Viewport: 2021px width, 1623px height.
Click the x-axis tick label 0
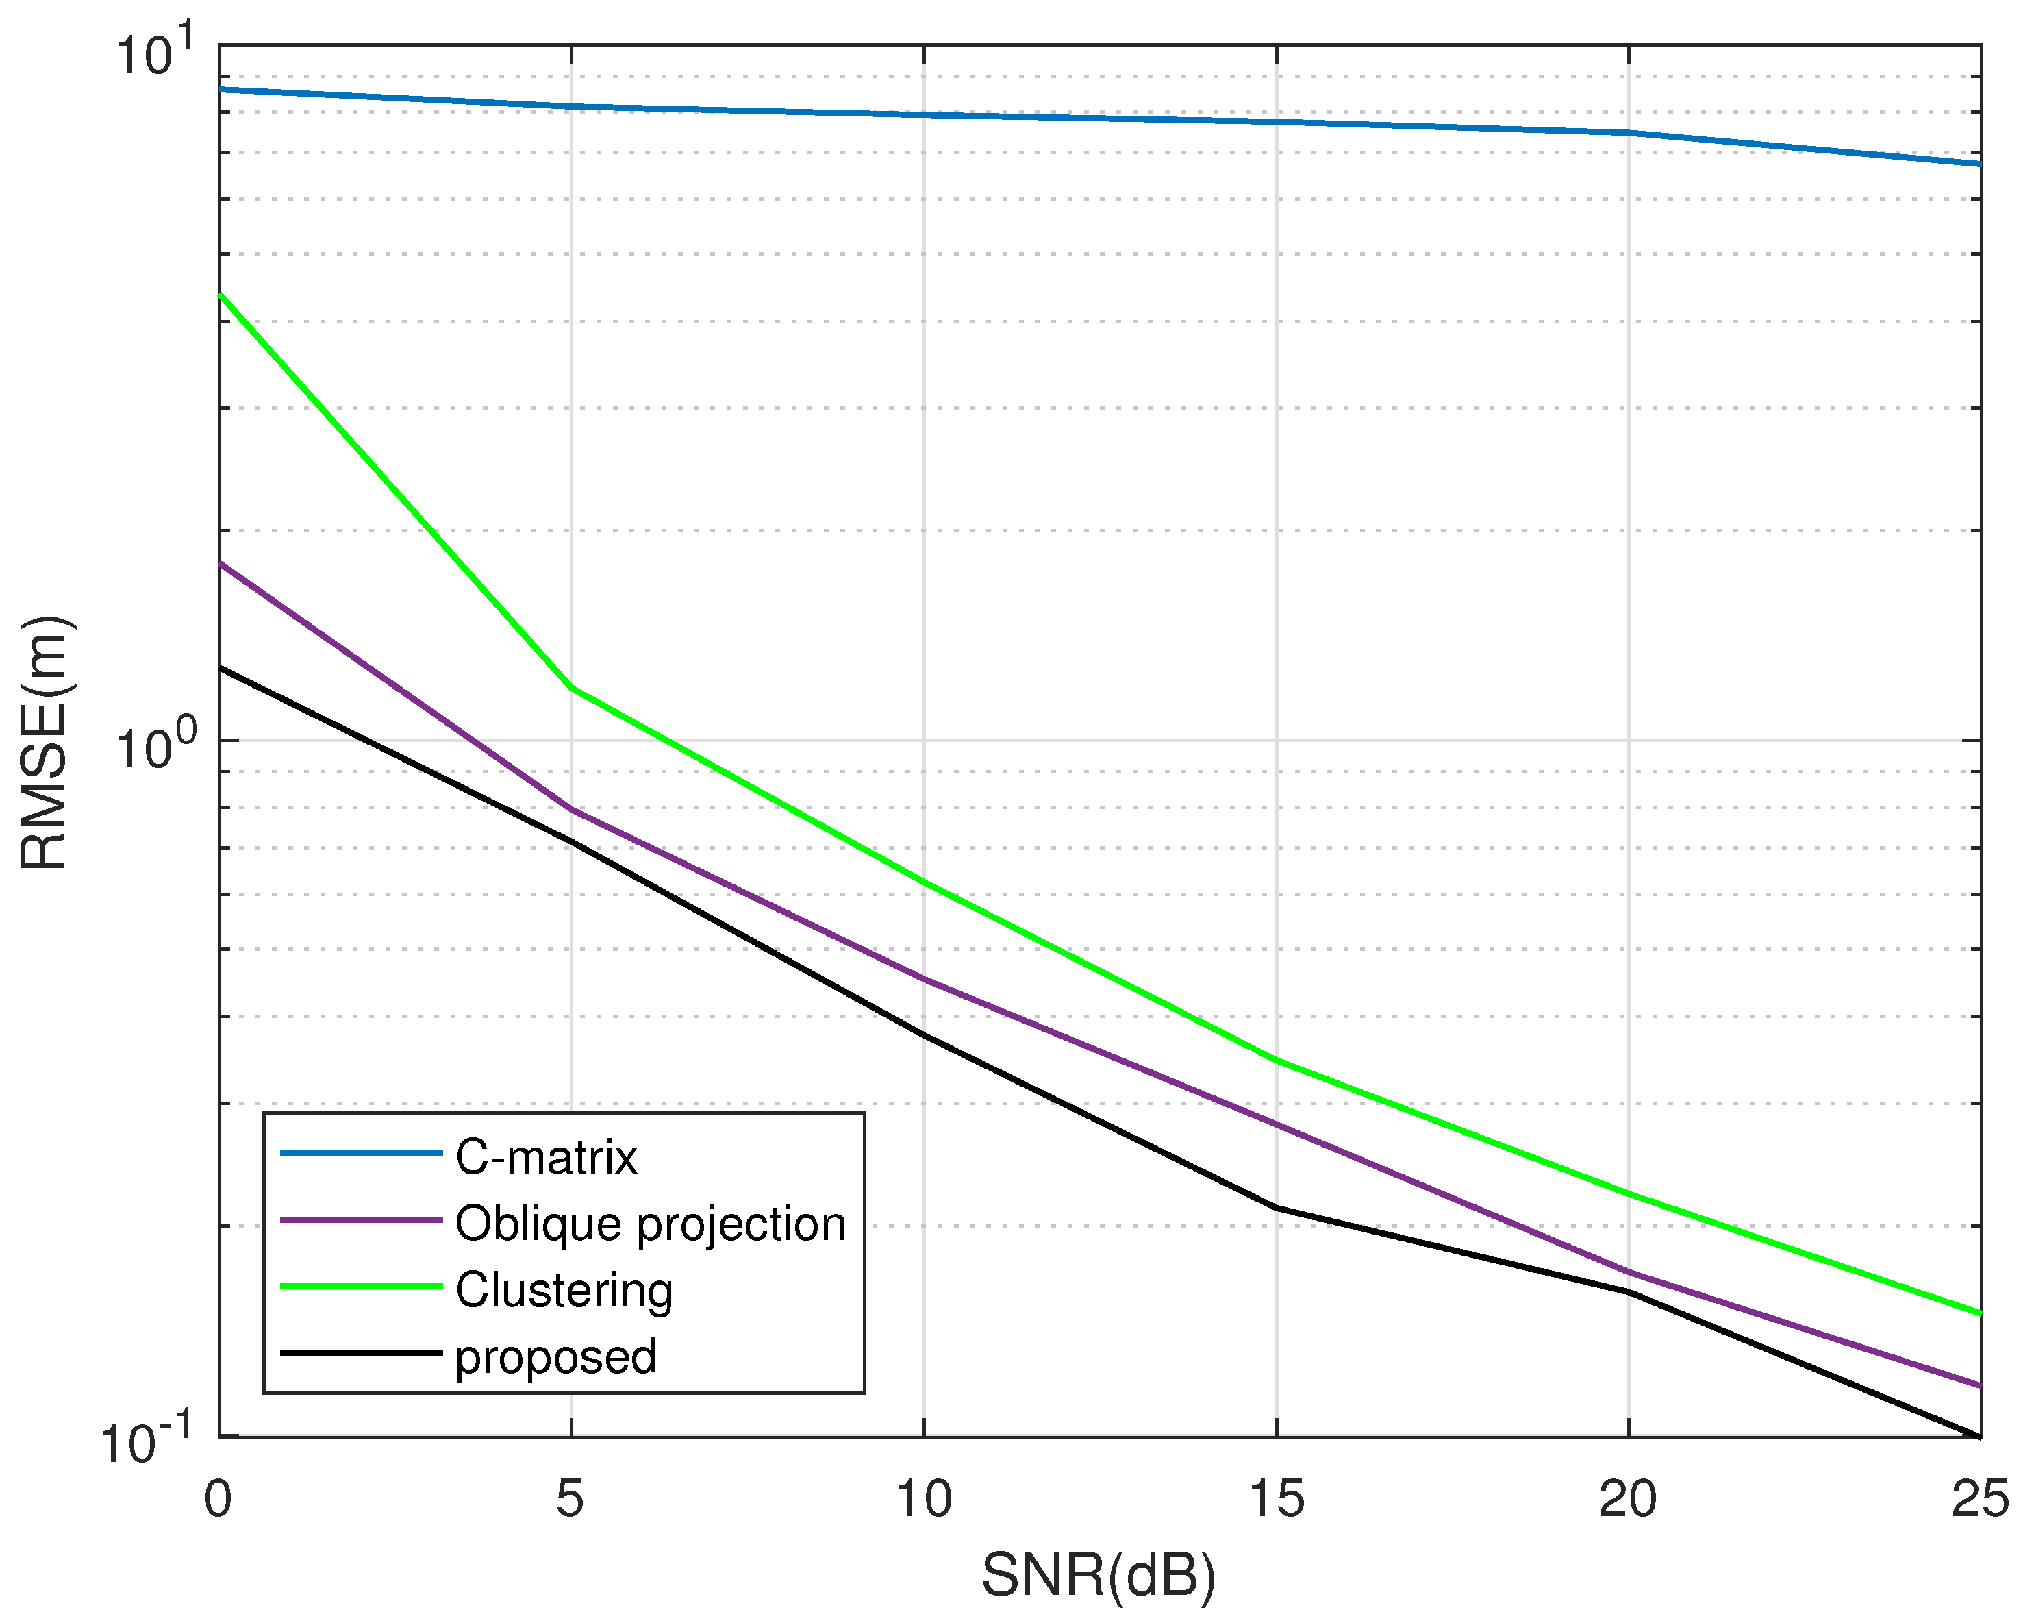[218, 1498]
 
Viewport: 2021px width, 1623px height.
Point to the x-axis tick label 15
[1276, 1498]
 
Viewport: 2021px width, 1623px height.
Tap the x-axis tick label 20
[1628, 1498]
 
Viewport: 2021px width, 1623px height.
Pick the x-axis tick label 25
[1980, 1498]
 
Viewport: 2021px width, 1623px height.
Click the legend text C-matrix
[546, 1158]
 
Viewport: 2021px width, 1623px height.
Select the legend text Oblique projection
[651, 1224]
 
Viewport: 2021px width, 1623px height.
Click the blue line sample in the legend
[361, 1153]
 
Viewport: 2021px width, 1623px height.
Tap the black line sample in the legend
[361, 1353]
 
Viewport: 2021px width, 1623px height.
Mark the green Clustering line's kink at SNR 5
[572, 689]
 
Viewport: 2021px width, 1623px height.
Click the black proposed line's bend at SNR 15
[1277, 1208]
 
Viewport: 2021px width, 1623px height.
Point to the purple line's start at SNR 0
[221, 565]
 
